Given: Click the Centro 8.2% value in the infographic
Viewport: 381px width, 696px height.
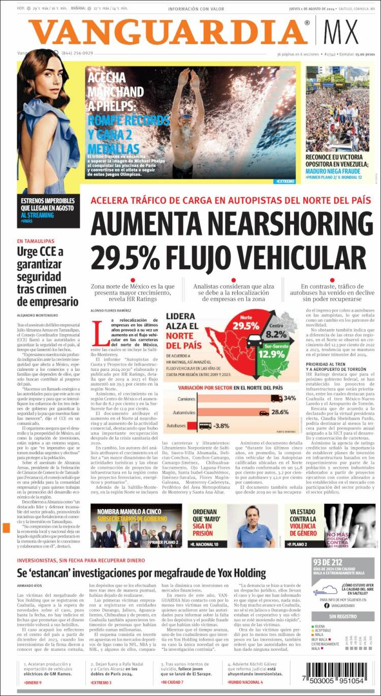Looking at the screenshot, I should point(276,331).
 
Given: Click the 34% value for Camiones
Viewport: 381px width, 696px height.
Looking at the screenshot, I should point(290,398).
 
